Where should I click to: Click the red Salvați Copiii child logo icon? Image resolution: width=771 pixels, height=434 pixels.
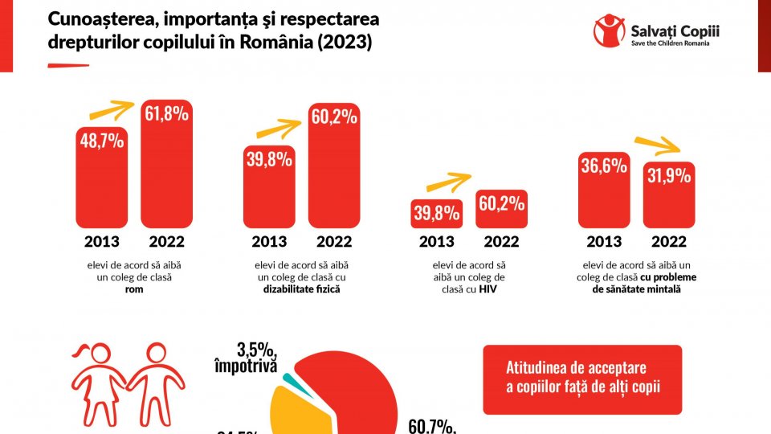click(x=609, y=31)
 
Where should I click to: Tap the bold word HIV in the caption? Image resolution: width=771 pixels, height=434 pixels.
click(x=488, y=289)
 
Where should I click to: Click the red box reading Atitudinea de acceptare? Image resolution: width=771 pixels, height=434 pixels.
click(x=581, y=379)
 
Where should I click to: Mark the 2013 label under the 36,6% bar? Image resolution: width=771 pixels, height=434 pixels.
click(x=604, y=241)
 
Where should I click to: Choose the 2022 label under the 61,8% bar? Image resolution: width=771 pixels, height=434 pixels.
click(x=166, y=241)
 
